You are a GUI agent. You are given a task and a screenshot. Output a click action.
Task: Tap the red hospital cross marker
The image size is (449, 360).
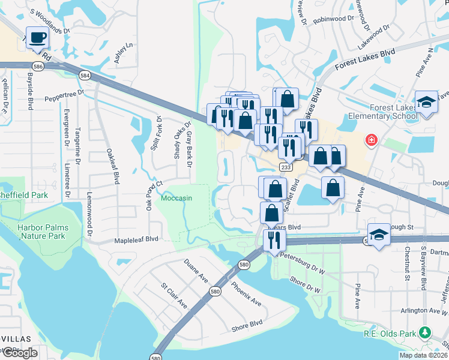[x=372, y=140]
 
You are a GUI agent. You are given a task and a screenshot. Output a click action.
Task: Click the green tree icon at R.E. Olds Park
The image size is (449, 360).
[x=425, y=332]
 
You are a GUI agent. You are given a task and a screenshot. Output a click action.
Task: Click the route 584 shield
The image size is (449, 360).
[x=85, y=75]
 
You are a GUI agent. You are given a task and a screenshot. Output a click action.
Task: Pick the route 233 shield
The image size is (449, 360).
[x=286, y=167]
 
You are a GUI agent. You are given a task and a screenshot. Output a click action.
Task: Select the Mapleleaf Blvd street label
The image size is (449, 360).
[x=136, y=239]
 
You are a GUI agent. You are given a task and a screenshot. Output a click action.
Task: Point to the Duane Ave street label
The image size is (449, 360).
[x=196, y=270]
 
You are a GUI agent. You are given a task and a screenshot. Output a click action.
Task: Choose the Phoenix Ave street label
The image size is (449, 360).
[x=246, y=293]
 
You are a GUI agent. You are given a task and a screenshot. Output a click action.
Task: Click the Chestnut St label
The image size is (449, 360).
[x=406, y=263]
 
